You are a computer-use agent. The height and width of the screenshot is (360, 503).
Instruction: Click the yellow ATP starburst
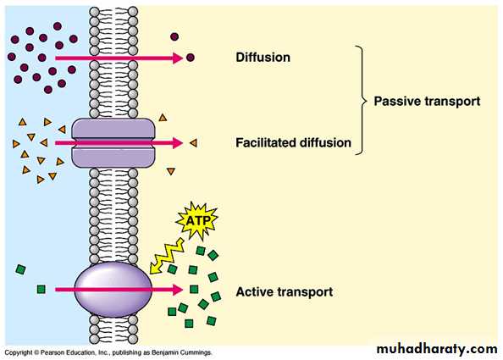pyautogui.click(x=197, y=220)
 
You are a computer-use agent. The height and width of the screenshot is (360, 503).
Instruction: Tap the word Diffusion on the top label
pyautogui.click(x=263, y=58)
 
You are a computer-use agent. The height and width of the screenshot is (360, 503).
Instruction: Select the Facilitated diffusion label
pyautogui.click(x=293, y=143)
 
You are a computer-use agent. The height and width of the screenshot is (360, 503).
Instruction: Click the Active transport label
pyautogui.click(x=285, y=292)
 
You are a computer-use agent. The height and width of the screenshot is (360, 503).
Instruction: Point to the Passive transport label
pyautogui.click(x=427, y=102)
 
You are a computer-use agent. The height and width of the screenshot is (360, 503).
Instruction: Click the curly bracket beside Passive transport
pyautogui.click(x=362, y=101)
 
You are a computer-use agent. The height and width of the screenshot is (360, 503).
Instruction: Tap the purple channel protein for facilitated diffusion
pyautogui.click(x=113, y=143)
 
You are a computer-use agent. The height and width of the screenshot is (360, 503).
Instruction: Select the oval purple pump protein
pyautogui.click(x=113, y=290)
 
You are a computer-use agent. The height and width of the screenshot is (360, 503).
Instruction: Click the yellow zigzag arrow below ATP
pyautogui.click(x=166, y=256)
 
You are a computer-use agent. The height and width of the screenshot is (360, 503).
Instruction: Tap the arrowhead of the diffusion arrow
pyautogui.click(x=178, y=58)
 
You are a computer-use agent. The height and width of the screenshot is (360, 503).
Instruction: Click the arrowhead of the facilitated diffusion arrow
pyautogui.click(x=178, y=143)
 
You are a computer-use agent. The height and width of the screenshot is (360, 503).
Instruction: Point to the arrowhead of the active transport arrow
pyautogui.click(x=178, y=290)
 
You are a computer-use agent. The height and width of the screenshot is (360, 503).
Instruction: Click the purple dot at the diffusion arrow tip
pyautogui.click(x=191, y=58)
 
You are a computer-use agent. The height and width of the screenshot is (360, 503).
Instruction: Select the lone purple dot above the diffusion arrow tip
pyautogui.click(x=174, y=36)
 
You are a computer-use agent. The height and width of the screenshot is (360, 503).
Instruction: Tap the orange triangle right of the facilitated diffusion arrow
pyautogui.click(x=193, y=143)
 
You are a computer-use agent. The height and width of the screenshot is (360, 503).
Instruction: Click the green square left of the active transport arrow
pyautogui.click(x=41, y=290)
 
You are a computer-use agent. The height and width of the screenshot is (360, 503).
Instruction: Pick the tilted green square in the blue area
pyautogui.click(x=21, y=269)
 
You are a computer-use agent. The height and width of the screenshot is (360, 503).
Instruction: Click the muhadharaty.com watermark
pyautogui.click(x=437, y=349)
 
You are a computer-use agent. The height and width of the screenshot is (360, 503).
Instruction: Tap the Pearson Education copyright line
pyautogui.click(x=108, y=352)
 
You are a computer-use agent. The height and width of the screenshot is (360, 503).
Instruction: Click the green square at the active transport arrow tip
pyautogui.click(x=194, y=289)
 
